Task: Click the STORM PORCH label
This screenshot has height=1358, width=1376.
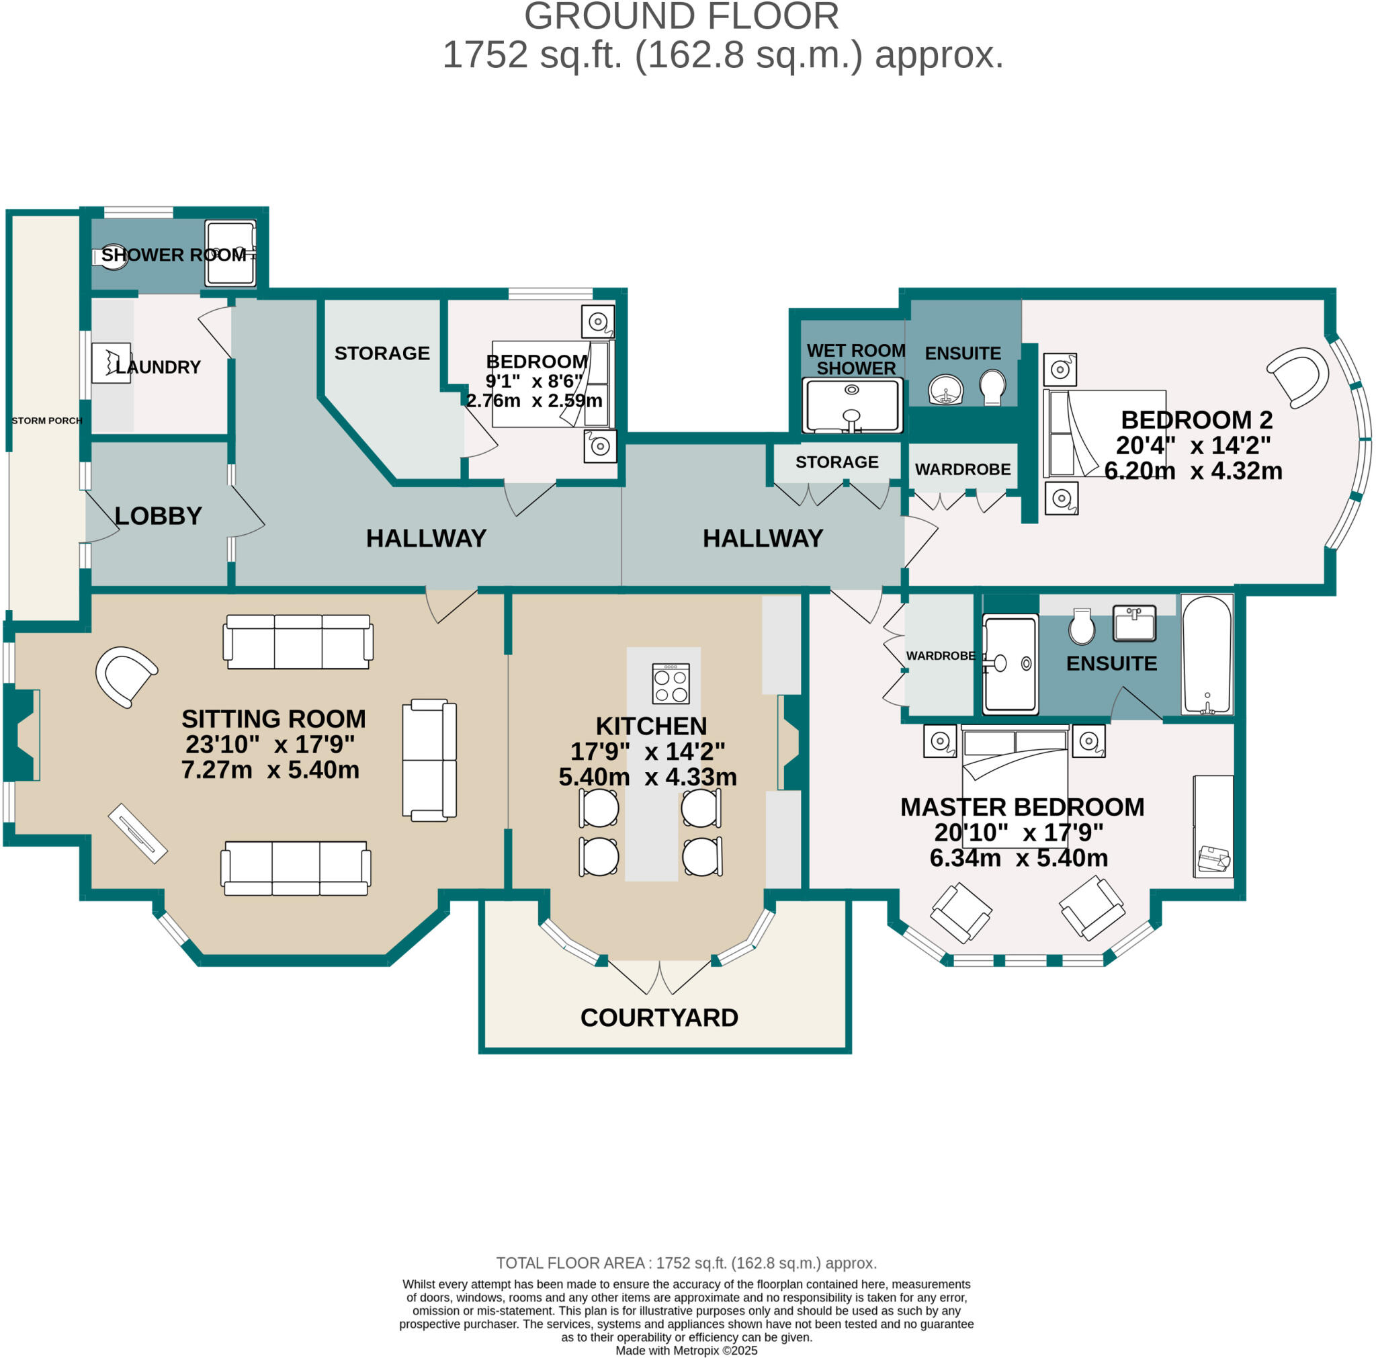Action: [47, 420]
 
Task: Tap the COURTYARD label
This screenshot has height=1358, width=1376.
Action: [659, 1017]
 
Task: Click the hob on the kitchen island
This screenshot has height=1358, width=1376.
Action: [671, 683]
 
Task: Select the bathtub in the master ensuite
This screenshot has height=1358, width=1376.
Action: [1207, 654]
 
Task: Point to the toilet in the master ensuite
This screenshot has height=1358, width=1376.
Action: [1082, 626]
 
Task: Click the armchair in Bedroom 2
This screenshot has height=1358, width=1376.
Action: [1297, 378]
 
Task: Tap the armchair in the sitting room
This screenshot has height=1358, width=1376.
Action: [126, 677]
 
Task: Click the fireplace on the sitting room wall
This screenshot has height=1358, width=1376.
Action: [21, 734]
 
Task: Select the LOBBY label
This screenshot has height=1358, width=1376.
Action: [158, 515]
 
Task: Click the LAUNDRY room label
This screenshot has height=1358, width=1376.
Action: [158, 367]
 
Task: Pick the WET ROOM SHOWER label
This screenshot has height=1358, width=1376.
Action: [855, 359]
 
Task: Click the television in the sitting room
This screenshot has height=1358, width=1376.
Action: [138, 833]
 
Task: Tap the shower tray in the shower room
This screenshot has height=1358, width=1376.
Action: [230, 253]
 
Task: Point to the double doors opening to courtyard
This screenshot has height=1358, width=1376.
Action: [660, 977]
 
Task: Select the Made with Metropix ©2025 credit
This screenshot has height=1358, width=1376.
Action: [687, 1350]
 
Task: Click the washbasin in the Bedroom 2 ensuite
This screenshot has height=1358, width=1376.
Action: [946, 389]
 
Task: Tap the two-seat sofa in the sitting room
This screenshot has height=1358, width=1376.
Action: [429, 761]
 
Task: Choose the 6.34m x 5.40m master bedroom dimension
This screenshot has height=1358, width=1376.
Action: [1019, 857]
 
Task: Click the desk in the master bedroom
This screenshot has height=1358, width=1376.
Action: [1213, 826]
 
